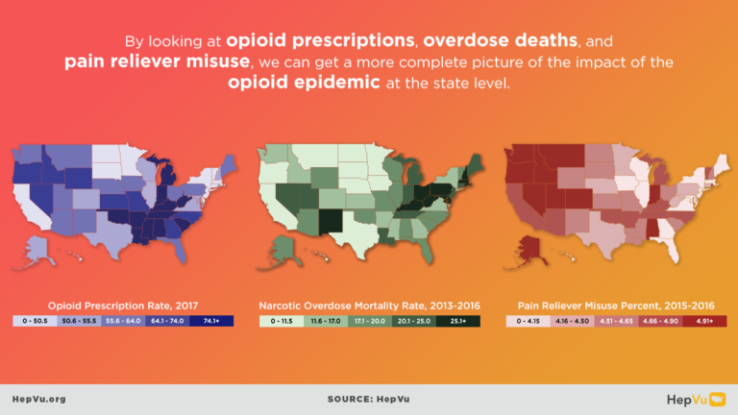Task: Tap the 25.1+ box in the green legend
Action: click(457, 320)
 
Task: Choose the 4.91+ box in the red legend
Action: click(703, 320)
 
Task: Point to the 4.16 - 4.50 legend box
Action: click(571, 320)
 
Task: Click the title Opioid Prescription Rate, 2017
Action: click(122, 305)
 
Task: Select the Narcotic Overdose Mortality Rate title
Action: click(369, 305)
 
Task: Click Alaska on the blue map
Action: click(38, 248)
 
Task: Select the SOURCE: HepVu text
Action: click(368, 399)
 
